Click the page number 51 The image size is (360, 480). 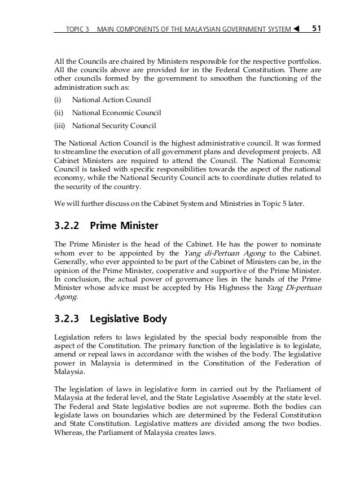coord(317,27)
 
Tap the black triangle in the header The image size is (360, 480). coord(296,28)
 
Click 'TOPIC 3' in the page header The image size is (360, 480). coord(78,28)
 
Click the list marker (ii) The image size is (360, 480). coord(58,113)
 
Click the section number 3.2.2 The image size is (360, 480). coord(69,227)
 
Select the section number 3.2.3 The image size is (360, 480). coord(69,319)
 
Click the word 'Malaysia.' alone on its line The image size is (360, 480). coord(69,372)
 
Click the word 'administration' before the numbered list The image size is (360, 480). coord(77,88)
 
